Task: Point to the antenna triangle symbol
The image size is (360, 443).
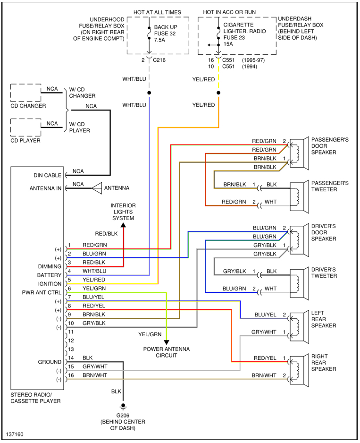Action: point(97,187)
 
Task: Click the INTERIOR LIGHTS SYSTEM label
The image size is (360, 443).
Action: point(123,212)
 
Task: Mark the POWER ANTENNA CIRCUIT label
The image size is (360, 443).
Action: point(167,352)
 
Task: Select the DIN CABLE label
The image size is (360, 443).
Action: point(47,175)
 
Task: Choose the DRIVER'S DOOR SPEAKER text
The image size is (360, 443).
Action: point(323,232)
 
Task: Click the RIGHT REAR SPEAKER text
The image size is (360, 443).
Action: point(323,363)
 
